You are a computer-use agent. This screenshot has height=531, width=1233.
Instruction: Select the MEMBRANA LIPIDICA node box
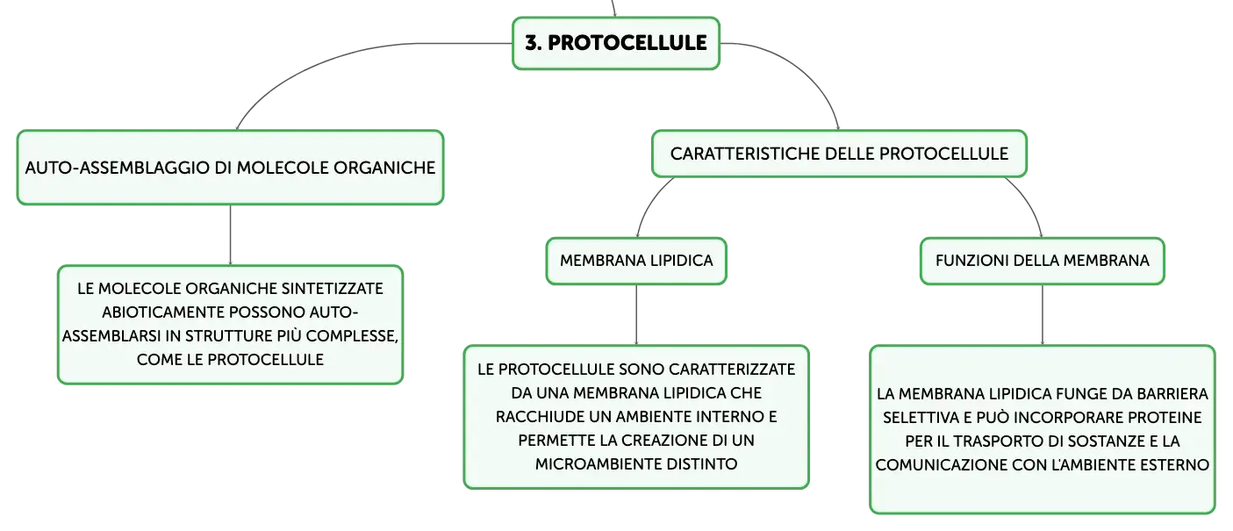click(x=636, y=261)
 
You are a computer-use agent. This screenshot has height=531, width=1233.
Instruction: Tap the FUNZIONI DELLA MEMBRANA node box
click(x=1042, y=261)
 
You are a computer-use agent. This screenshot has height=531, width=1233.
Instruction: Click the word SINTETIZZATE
click(x=333, y=289)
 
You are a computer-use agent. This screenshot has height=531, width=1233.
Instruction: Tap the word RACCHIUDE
click(x=540, y=417)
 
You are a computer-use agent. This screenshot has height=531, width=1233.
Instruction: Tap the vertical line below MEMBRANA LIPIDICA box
click(x=636, y=315)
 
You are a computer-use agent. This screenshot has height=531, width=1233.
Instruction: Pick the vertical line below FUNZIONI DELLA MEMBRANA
click(x=1042, y=315)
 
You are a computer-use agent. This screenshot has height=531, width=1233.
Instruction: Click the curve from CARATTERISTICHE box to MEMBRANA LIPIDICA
click(x=650, y=202)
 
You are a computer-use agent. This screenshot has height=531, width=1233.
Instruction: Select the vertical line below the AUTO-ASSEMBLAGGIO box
click(x=230, y=235)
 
